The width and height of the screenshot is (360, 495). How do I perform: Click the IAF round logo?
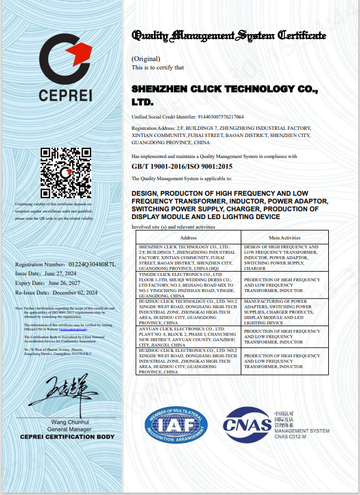tap(176, 426)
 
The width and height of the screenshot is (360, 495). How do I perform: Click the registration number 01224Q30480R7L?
tap(89, 263)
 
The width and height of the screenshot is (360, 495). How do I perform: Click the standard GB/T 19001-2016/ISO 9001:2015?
tap(181, 166)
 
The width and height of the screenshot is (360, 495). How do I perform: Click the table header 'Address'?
tap(189, 238)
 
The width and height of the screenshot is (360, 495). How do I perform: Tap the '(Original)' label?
tap(146, 59)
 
